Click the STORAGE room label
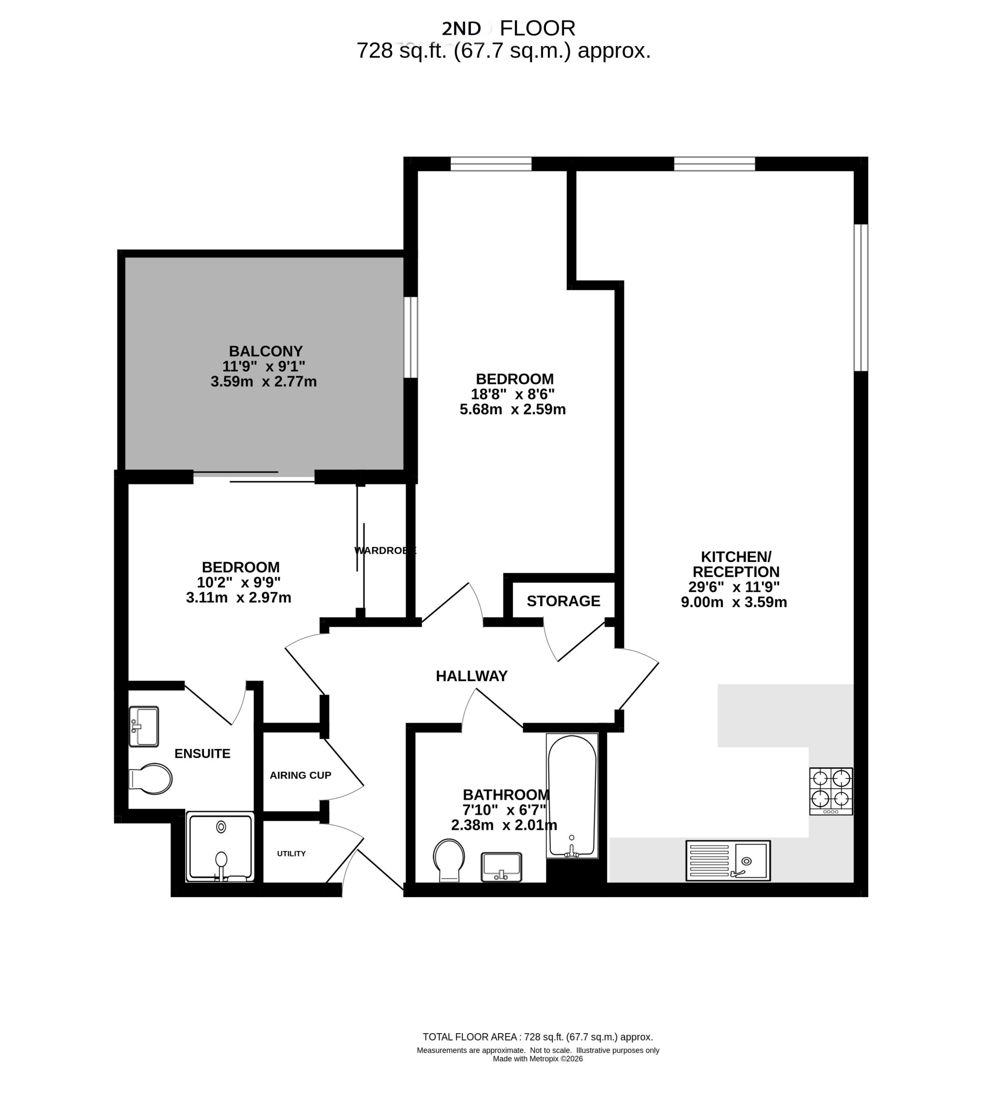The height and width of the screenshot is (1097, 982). pos(563,601)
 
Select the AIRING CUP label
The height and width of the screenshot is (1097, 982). pos(300,775)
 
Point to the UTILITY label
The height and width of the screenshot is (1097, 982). pos(291,854)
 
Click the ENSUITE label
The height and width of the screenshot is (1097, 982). pos(202,753)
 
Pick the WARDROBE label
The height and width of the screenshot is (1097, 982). pos(385,550)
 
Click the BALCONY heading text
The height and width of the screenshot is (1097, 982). pos(266,351)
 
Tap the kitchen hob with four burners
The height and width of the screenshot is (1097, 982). pos(831,791)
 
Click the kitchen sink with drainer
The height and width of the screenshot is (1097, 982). pos(728,861)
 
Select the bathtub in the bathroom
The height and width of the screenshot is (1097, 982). pos(572,796)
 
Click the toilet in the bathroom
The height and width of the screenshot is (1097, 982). pos(449,860)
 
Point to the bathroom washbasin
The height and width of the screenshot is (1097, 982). pos(501,867)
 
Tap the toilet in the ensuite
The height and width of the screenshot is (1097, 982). pos(151,779)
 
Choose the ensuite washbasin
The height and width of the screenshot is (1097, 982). pos(143,726)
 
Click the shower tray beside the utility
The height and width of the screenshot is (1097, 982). pos(219,847)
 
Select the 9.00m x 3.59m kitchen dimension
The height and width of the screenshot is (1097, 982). pos(734,602)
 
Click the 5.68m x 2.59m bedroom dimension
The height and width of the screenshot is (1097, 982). pos(513,409)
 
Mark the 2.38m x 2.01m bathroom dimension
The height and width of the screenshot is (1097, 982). pos(504,825)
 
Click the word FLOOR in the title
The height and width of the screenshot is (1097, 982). pos(538,28)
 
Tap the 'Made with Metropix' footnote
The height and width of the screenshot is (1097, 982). pos(538,1059)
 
